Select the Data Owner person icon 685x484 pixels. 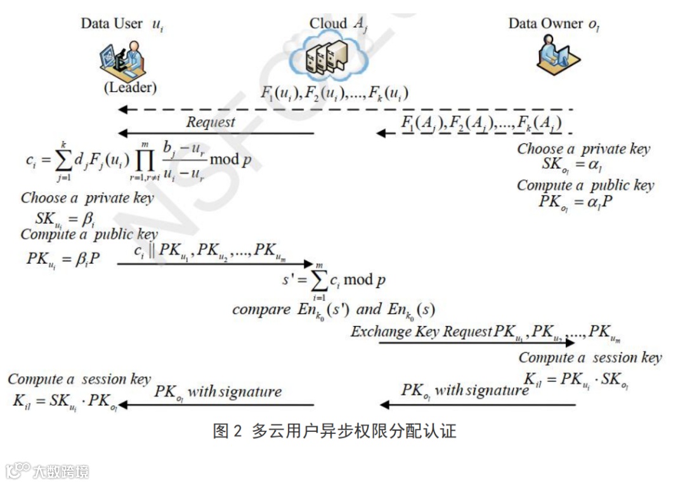click(x=554, y=54)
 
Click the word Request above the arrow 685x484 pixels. click(x=211, y=122)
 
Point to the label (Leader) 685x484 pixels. click(x=130, y=88)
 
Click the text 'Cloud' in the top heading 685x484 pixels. click(x=328, y=23)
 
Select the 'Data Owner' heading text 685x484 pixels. click(x=545, y=23)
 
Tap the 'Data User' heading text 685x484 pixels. click(x=112, y=23)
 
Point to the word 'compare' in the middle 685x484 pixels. click(x=261, y=310)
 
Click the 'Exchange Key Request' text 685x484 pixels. click(x=421, y=332)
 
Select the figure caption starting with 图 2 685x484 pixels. click(x=334, y=432)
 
